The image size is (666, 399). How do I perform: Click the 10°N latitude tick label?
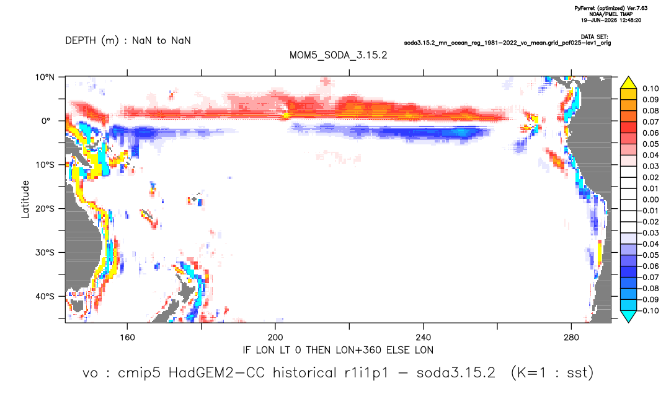[45, 77]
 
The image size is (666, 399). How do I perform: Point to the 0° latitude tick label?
[45, 121]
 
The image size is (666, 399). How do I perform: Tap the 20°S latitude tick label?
[45, 208]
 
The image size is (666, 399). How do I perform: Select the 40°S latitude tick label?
[45, 296]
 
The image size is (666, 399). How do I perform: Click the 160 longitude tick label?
[127, 338]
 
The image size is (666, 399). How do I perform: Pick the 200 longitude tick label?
[275, 338]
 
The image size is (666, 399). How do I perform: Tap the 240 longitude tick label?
[423, 338]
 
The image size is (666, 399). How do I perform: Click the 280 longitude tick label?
[571, 338]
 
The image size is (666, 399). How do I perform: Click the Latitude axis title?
[25, 199]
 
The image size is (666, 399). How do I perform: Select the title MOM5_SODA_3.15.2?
[338, 55]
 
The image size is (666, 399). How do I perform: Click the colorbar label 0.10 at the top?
[650, 89]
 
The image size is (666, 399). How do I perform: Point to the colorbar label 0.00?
[650, 199]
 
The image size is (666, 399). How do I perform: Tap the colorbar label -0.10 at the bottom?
[649, 310]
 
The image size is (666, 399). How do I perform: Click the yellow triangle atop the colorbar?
[628, 82]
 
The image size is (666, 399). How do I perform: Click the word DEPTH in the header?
[81, 41]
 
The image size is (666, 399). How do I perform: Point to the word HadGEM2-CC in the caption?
[216, 373]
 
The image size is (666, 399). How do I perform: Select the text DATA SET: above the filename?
[595, 37]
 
